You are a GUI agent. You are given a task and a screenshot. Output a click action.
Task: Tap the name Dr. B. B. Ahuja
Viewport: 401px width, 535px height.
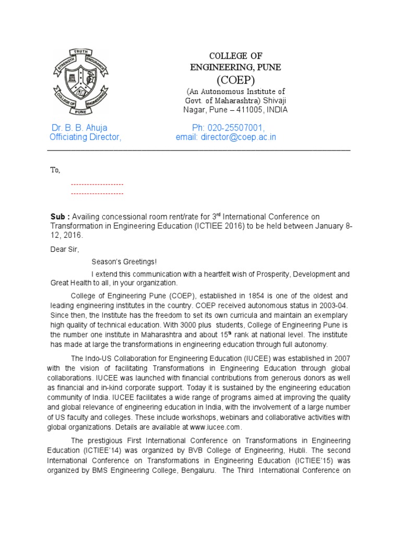click(x=79, y=127)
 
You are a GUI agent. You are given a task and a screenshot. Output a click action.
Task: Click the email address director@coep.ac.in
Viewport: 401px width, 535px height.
click(x=239, y=137)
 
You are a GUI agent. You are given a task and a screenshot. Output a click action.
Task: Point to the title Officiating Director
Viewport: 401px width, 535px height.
click(x=85, y=137)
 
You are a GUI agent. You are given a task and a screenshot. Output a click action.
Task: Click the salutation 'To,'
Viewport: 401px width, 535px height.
click(x=55, y=170)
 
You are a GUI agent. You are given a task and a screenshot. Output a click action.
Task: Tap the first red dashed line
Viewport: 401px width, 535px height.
click(x=97, y=184)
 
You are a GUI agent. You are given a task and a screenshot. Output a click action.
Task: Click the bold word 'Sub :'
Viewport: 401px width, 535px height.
click(x=60, y=216)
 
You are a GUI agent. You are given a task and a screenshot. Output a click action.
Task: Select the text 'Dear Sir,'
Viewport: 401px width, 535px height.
click(x=64, y=249)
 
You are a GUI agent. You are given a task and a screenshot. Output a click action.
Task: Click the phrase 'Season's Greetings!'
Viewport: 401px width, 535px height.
click(x=124, y=261)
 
